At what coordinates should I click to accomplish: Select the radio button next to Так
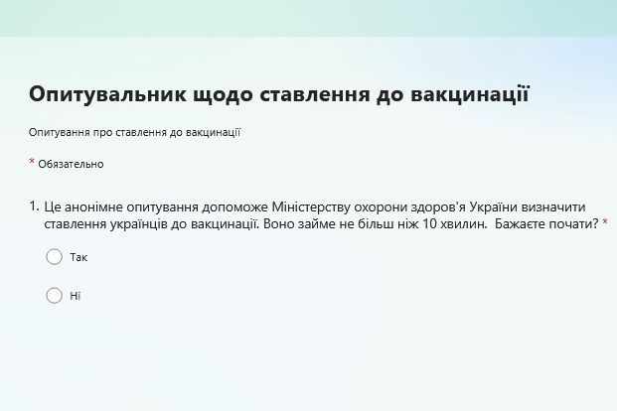(x=55, y=257)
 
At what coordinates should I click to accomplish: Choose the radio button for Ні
(x=55, y=296)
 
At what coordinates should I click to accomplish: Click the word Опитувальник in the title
(x=107, y=94)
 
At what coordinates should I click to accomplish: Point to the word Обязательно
(x=71, y=164)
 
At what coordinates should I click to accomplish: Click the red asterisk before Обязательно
(x=32, y=161)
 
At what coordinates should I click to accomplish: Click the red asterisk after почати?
(x=605, y=221)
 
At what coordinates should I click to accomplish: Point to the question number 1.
(x=34, y=206)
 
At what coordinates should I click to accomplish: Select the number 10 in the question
(x=430, y=223)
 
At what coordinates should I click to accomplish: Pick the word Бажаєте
(x=520, y=223)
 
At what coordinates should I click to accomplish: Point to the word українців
(x=139, y=224)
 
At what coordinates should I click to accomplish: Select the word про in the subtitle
(x=102, y=133)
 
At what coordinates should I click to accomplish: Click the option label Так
(x=78, y=257)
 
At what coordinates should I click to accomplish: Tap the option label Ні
(x=76, y=296)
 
